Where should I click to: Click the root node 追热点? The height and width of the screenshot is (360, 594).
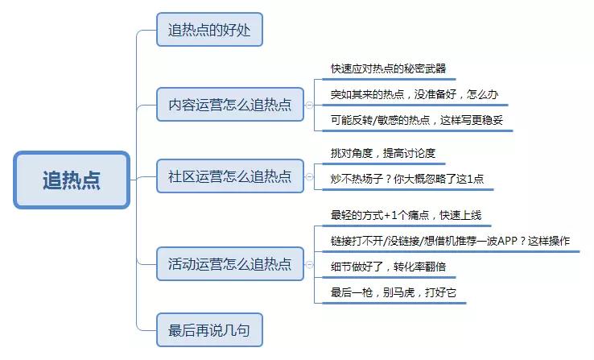[x=72, y=180]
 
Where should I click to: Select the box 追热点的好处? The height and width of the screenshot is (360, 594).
[x=209, y=31]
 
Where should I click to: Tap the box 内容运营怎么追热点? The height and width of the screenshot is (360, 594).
[x=229, y=105]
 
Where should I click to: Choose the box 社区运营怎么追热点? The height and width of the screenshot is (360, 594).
[x=229, y=176]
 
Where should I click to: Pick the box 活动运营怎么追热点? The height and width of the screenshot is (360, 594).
[x=229, y=263]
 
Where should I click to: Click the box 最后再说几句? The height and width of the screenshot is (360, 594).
[x=209, y=329]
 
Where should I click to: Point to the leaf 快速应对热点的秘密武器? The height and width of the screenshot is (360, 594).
[x=388, y=68]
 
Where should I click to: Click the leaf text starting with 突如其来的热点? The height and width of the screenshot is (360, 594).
[x=414, y=94]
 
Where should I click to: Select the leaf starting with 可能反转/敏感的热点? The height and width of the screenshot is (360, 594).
[x=421, y=120]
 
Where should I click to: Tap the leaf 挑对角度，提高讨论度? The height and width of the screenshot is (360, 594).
[x=382, y=153]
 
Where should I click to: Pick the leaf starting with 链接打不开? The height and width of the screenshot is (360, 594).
[x=450, y=242]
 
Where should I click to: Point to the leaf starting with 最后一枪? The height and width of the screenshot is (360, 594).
[x=394, y=293]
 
